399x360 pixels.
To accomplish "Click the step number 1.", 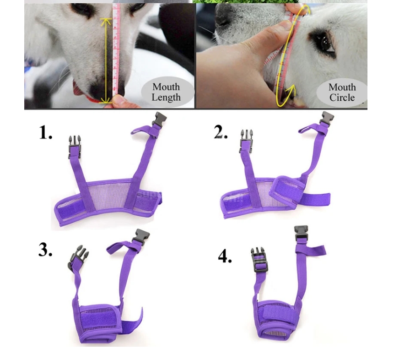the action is point(46,133).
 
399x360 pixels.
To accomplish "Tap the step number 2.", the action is point(221,132).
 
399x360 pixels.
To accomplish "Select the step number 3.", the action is point(45,250).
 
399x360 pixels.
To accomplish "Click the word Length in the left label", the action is point(166,97).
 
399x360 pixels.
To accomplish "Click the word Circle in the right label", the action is point(342,98).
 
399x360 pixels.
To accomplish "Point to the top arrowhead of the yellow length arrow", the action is point(106,21).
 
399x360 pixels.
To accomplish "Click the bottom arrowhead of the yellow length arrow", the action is point(106,101).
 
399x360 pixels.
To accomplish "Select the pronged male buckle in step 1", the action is point(74,147).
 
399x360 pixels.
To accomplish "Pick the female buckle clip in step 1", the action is point(159,119).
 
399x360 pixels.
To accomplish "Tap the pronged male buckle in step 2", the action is point(246,141).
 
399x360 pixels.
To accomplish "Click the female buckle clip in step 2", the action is point(327,118).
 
